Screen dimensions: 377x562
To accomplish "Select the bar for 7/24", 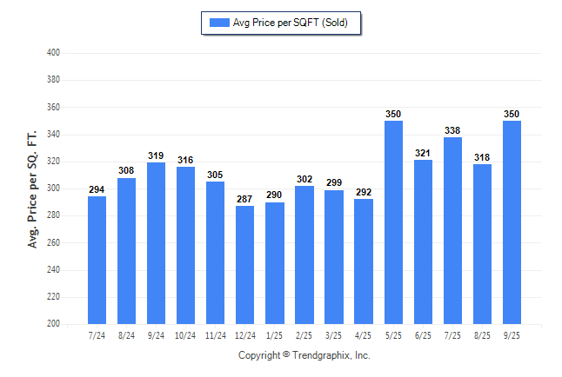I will click(97, 260).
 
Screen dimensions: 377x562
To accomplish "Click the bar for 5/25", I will click(393, 222).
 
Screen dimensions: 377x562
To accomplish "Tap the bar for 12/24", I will click(244, 264).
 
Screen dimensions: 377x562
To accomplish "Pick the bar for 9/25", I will click(512, 222).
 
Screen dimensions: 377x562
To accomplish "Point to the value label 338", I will click(452, 130).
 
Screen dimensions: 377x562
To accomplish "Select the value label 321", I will click(423, 154).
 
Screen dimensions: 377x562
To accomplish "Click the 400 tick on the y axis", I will click(53, 53).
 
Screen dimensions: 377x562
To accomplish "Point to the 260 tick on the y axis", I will click(53, 242).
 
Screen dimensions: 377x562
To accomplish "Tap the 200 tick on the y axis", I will click(53, 324).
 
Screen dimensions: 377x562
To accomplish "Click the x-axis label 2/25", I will click(304, 335).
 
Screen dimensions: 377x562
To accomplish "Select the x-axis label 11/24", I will click(215, 335).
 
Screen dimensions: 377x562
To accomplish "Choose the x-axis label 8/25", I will click(482, 335).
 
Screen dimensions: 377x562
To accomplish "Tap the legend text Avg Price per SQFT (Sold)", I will click(290, 23).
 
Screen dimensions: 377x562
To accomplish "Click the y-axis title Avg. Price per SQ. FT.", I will click(33, 188).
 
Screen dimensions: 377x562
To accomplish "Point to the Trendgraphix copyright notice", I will click(304, 355).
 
